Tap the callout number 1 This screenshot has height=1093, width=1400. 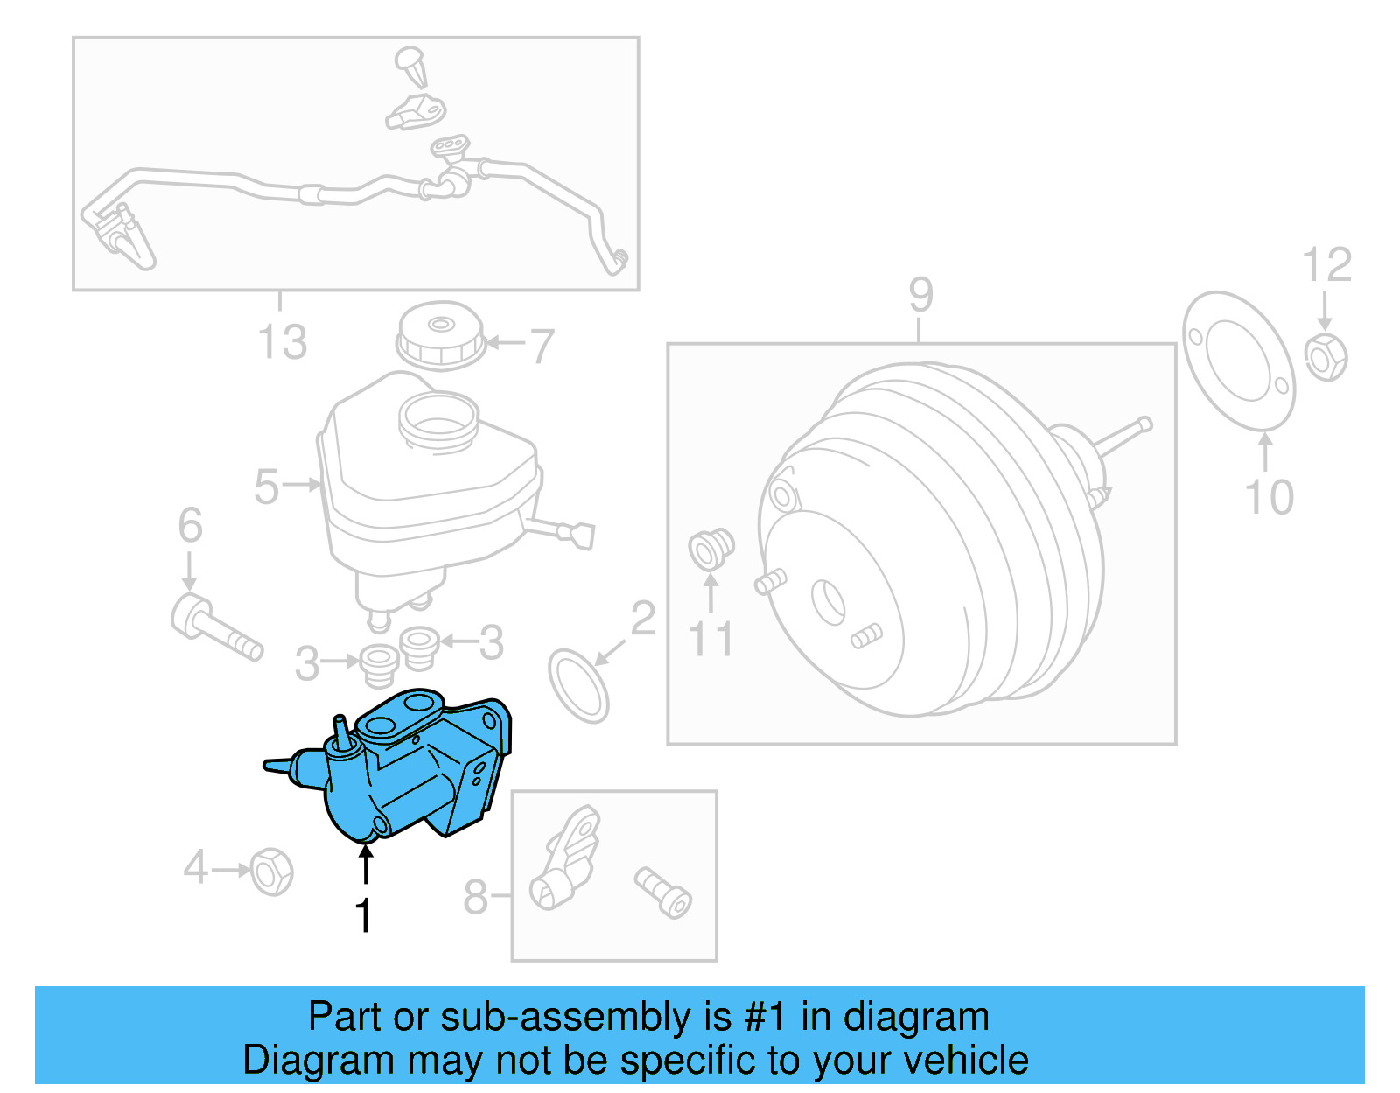[x=364, y=916]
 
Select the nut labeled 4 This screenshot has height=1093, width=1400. [x=271, y=872]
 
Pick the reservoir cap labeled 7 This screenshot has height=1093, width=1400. [x=440, y=336]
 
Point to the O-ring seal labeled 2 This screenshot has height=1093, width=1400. [x=577, y=686]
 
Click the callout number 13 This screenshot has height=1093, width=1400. [x=282, y=341]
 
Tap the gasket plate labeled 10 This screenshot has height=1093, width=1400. [x=1238, y=361]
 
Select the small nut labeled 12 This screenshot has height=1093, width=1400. [x=1326, y=357]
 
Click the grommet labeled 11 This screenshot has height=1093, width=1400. [x=710, y=549]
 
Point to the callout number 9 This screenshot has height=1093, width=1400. [x=920, y=294]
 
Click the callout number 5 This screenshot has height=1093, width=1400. [x=266, y=487]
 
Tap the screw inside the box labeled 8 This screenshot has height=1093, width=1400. [x=663, y=893]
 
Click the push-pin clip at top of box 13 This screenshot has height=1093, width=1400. [x=411, y=67]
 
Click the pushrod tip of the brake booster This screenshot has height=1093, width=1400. [x=1144, y=425]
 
